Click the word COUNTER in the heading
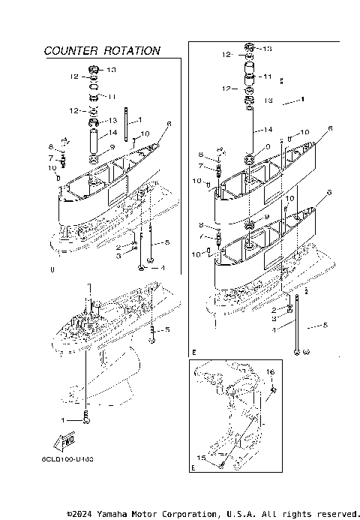pyautogui.click(x=72, y=51)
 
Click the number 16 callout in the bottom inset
pyautogui.click(x=271, y=371)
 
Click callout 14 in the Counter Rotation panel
pyautogui.click(x=113, y=133)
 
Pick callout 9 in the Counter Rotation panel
pyautogui.click(x=112, y=147)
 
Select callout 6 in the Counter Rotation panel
pyautogui.click(x=169, y=125)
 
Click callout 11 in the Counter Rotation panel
pyautogui.click(x=112, y=97)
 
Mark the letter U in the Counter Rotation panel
pyautogui.click(x=52, y=269)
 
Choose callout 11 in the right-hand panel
pyautogui.click(x=267, y=77)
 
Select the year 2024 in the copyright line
pyautogui.click(x=81, y=514)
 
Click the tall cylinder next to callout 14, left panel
pyautogui.click(x=94, y=140)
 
